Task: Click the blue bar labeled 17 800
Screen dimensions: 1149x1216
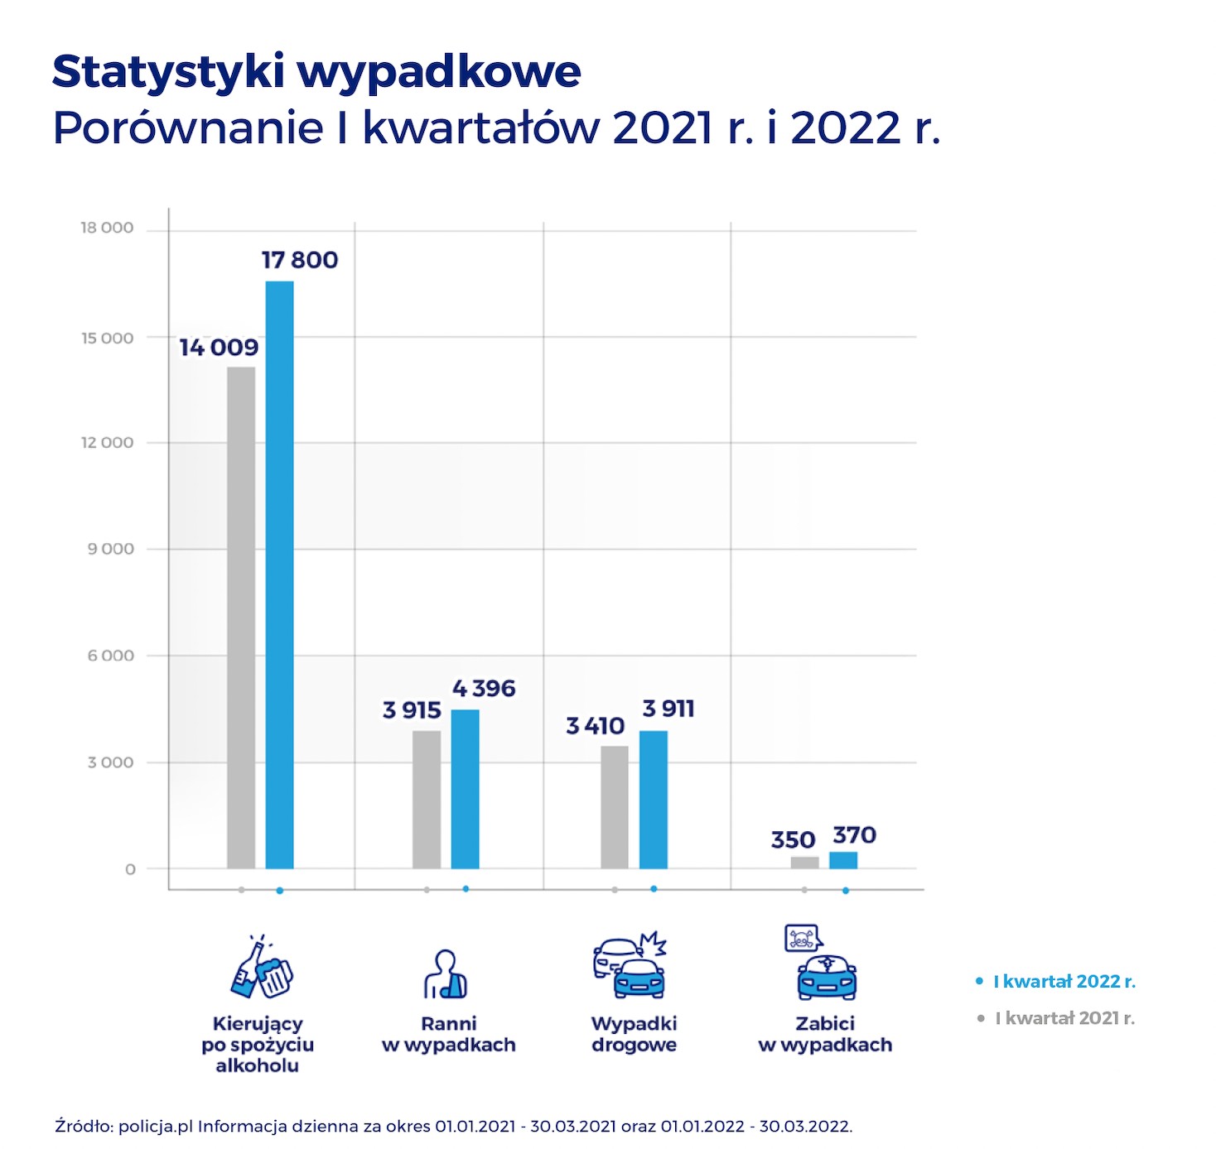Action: (x=279, y=574)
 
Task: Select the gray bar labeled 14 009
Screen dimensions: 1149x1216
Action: (x=241, y=617)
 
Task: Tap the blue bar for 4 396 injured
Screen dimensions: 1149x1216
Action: (x=465, y=788)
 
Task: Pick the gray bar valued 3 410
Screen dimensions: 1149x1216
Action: (x=615, y=806)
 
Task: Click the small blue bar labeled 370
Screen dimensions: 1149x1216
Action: (x=843, y=859)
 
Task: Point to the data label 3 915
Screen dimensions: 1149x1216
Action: (x=412, y=710)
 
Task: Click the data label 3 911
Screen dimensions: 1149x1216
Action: (x=668, y=709)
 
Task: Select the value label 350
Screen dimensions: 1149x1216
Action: (x=793, y=840)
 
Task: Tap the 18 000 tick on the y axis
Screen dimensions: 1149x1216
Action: (x=106, y=228)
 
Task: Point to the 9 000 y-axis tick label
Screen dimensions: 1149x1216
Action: (x=110, y=549)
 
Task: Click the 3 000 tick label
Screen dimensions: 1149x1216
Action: (x=110, y=762)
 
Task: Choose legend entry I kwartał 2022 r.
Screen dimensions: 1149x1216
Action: (x=1064, y=982)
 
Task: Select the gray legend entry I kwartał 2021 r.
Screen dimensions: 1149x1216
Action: (x=1064, y=1018)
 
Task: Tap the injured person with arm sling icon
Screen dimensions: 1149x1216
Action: (x=446, y=974)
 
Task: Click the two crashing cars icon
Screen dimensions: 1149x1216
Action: (x=630, y=966)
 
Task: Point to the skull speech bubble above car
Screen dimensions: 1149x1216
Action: (x=802, y=938)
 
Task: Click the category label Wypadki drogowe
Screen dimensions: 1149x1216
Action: (x=634, y=1034)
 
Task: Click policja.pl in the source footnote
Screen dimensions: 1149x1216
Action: (x=156, y=1126)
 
